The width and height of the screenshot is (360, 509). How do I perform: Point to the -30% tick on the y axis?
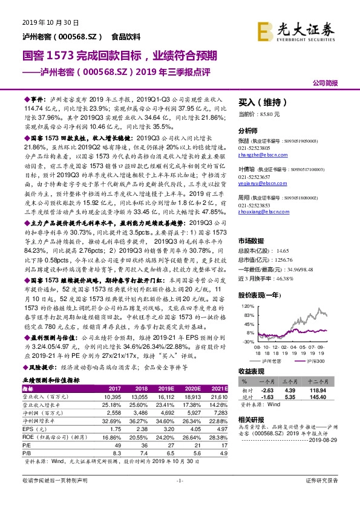[246, 342]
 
